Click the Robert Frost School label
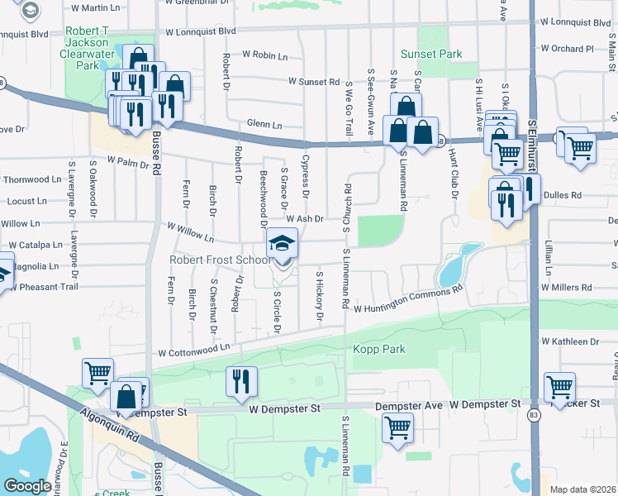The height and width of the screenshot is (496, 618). (220, 260)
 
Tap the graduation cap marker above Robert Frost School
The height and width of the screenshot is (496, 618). (282, 243)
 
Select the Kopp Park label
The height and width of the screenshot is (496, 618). (380, 350)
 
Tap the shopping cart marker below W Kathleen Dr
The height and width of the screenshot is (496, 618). (560, 386)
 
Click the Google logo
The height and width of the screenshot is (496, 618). (27, 486)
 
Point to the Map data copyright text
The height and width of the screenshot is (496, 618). (582, 489)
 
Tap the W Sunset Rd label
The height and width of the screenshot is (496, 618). (314, 82)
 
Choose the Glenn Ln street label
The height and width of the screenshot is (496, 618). (264, 125)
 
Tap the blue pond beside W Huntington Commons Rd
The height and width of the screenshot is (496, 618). (453, 267)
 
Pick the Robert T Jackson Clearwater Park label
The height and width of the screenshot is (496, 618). (87, 53)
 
